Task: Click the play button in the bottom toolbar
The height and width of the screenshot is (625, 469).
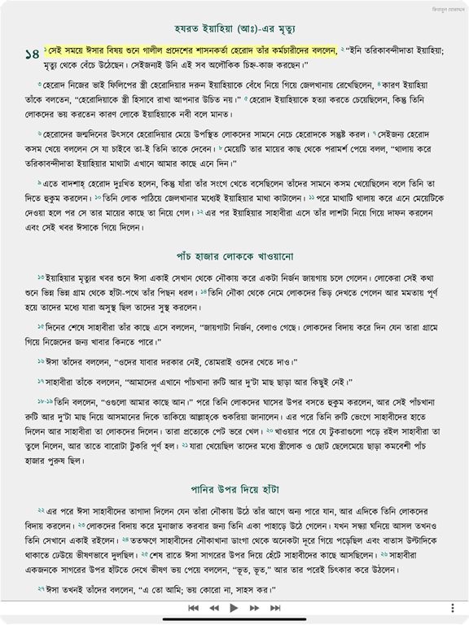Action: [x=234, y=608]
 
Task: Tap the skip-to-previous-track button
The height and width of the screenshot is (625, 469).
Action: [x=193, y=608]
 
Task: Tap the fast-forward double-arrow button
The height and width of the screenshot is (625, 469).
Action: [x=255, y=608]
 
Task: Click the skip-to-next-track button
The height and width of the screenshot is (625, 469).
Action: [x=275, y=608]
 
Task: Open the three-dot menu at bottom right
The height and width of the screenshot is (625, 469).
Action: [x=453, y=608]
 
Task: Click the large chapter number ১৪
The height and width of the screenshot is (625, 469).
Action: [x=32, y=55]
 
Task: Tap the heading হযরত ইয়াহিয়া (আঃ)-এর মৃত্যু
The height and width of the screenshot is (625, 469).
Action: [x=234, y=25]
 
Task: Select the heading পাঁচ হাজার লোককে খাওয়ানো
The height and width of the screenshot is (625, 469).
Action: [x=234, y=256]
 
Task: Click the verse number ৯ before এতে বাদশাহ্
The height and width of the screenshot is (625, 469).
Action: [x=40, y=183]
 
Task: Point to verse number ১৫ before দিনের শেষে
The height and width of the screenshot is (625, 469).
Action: [x=41, y=326]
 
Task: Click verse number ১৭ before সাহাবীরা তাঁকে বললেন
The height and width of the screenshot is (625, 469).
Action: [x=41, y=381]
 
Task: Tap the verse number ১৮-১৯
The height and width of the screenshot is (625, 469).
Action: [x=45, y=401]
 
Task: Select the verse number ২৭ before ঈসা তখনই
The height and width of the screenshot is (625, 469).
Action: [x=41, y=588]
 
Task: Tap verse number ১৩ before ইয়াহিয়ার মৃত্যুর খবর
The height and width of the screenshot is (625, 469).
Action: [x=41, y=278]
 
